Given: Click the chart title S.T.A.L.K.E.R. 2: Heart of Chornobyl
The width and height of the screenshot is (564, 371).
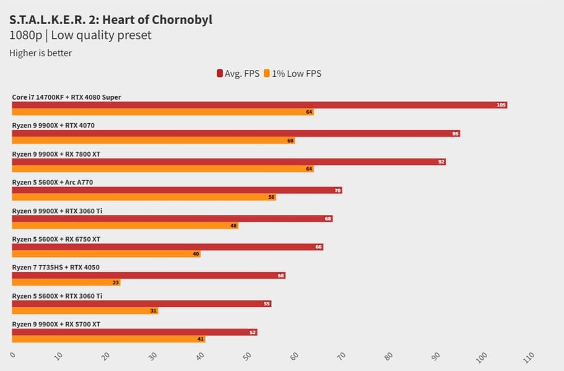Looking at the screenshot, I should (111, 19).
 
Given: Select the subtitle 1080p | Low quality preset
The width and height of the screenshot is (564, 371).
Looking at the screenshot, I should (80, 35).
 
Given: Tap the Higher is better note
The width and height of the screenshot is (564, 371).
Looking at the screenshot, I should (40, 53).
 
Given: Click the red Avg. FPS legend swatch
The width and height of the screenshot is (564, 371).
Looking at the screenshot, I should (220, 74).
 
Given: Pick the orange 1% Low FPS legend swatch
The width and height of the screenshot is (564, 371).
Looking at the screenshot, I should (267, 74).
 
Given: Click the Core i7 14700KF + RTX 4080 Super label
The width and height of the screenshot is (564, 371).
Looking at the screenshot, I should (66, 97).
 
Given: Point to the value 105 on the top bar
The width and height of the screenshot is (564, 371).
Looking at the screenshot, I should (501, 105).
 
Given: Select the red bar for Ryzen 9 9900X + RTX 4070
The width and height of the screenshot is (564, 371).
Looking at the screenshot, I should (235, 133).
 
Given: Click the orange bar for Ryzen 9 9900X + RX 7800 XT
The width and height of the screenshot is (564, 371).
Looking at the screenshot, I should (162, 169).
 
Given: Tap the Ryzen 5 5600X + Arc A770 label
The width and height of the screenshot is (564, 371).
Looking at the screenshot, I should (52, 182).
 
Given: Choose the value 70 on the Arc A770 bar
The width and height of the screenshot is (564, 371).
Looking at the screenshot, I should (337, 190).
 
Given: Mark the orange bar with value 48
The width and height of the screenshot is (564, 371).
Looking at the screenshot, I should (124, 226).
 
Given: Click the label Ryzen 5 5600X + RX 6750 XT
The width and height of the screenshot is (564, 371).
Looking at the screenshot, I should (56, 239).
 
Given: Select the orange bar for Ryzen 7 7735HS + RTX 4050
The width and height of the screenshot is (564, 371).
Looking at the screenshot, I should (66, 282).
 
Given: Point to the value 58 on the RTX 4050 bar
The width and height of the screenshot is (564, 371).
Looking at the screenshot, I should (281, 275).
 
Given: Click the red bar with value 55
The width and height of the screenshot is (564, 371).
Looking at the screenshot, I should (141, 303).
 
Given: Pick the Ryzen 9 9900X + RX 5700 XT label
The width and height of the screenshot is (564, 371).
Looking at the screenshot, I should (56, 324).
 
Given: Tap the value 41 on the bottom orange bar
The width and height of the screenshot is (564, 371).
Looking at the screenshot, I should (200, 339).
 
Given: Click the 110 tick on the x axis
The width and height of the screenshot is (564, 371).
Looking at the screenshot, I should (527, 357).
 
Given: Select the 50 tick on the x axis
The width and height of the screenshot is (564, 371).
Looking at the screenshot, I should (247, 357).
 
